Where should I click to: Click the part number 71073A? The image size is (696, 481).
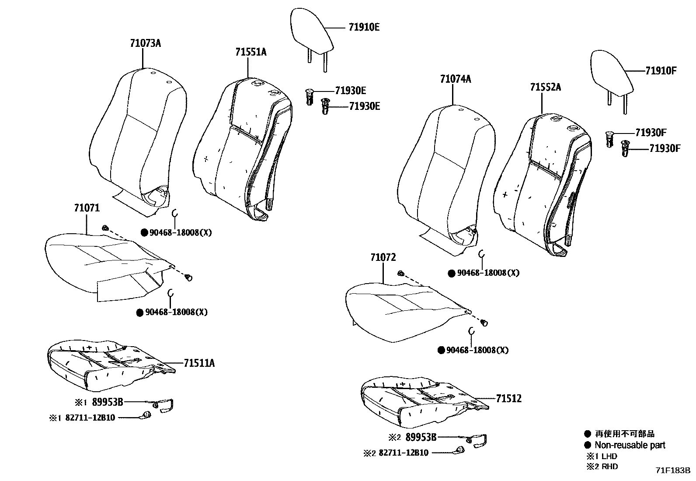point(145,43)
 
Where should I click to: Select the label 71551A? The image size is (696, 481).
point(251,52)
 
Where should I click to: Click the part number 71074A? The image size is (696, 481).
point(456,79)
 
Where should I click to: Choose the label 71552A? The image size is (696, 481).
point(545,88)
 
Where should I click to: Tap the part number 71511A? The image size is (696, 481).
point(199,363)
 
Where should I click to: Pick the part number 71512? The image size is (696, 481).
point(508,399)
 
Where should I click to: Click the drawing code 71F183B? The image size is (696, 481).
point(672,470)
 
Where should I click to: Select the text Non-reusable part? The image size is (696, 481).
point(630,445)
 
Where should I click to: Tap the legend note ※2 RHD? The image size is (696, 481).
point(602,467)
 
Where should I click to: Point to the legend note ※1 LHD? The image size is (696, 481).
point(602,456)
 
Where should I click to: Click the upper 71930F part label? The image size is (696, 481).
point(651,133)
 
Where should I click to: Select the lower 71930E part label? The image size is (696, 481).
point(365,106)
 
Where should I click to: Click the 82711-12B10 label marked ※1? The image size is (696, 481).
point(90,418)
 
